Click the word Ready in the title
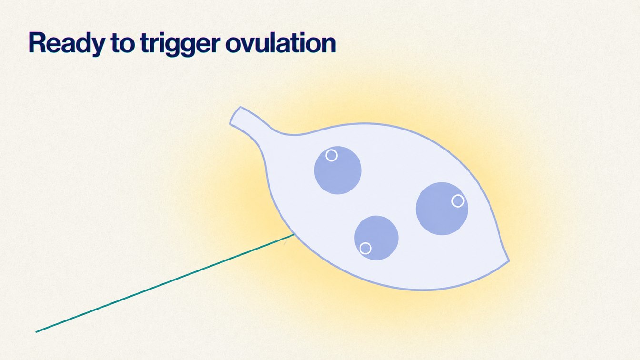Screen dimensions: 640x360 [x=67, y=43]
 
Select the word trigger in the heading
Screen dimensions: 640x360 [x=180, y=45]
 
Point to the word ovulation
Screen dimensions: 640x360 [x=280, y=43]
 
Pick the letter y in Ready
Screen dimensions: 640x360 [x=96, y=46]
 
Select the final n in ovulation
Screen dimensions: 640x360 [x=328, y=45]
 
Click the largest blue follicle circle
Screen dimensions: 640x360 [x=442, y=209]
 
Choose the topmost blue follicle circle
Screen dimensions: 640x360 [x=338, y=170]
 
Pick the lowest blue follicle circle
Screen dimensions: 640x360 [x=376, y=238]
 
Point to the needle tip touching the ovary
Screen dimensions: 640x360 [x=294, y=235]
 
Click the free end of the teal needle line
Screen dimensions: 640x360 [x=36, y=332]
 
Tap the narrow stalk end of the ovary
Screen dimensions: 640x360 [x=235, y=115]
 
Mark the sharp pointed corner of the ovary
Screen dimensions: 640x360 [x=509, y=260]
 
